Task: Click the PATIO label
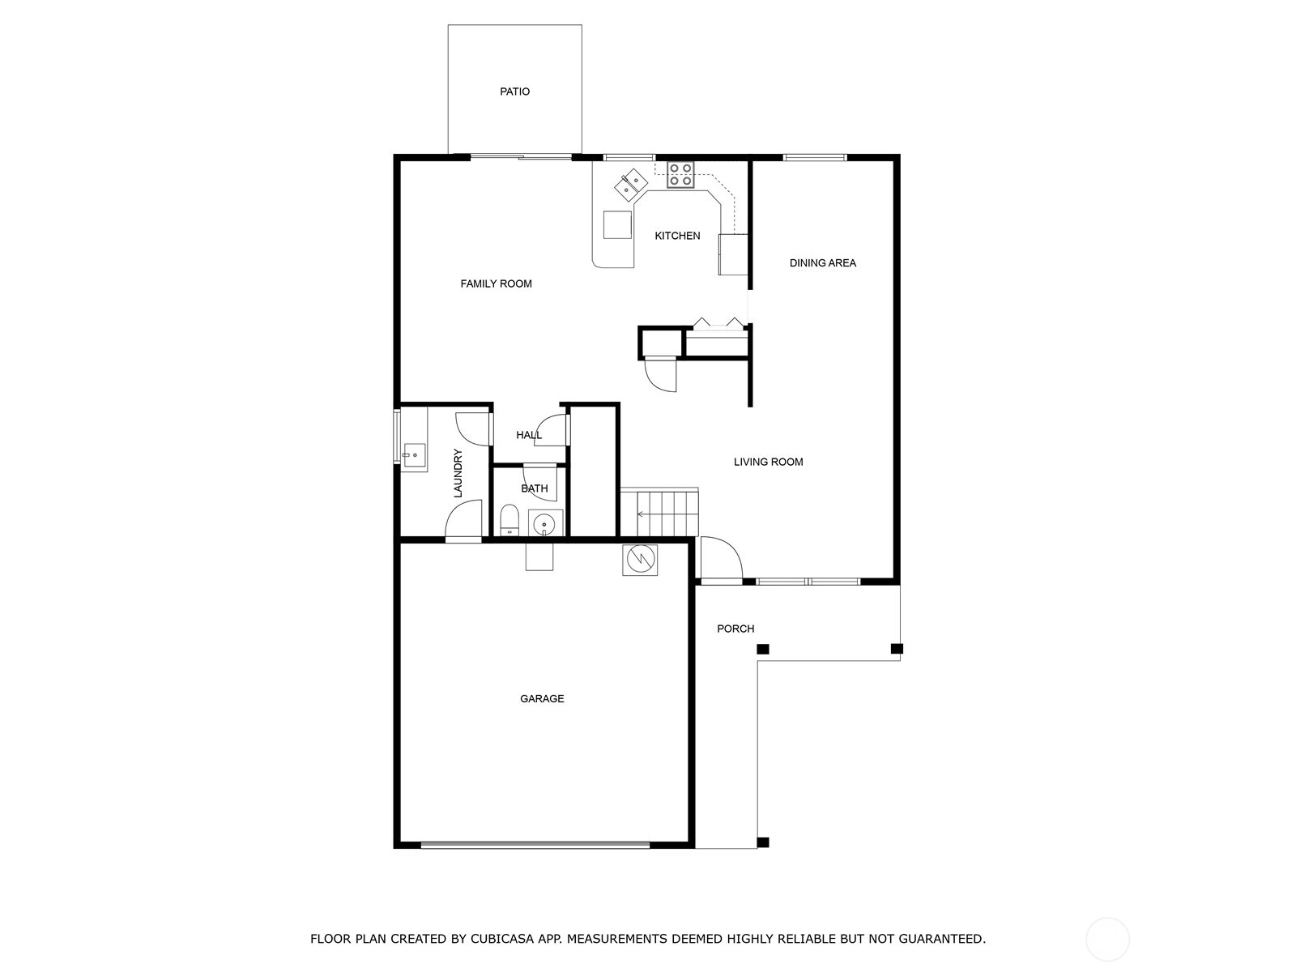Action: (514, 92)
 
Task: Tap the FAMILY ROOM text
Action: (496, 283)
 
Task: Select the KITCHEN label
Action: (677, 236)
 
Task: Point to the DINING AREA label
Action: (822, 263)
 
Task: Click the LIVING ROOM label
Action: (768, 462)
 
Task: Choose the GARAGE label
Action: (541, 699)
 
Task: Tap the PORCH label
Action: (735, 629)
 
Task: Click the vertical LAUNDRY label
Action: (458, 473)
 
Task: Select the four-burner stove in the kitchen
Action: (680, 175)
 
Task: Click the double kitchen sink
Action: (630, 184)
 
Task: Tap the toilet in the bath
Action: (509, 520)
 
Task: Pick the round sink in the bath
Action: (544, 523)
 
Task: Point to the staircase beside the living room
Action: (659, 512)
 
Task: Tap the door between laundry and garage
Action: (463, 521)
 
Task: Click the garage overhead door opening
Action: (535, 845)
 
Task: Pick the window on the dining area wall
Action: (815, 158)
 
